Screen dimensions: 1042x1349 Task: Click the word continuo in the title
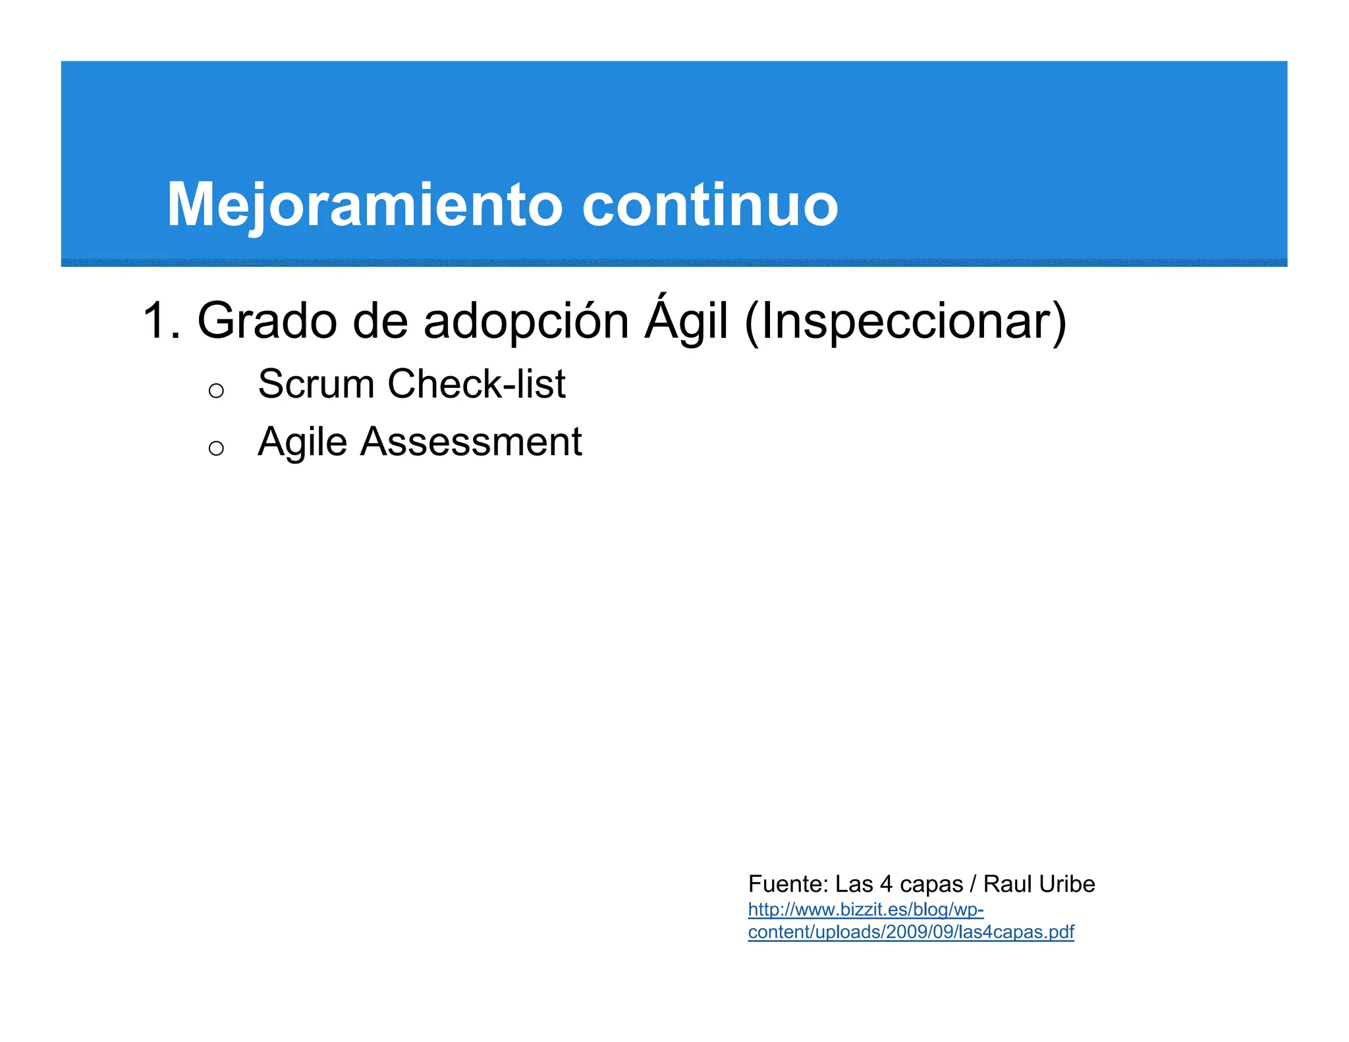[x=709, y=206]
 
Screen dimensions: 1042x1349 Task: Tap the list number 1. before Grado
[x=161, y=321]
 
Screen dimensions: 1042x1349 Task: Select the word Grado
[x=267, y=321]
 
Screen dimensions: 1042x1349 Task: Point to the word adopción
[x=526, y=321]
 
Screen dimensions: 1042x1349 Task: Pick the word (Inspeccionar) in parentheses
[x=905, y=321]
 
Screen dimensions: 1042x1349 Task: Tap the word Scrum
[x=317, y=384]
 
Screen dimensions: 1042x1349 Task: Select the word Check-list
[x=476, y=384]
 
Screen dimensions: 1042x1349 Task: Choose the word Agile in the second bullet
[x=302, y=442]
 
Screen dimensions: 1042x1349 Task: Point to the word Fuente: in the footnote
[x=788, y=884]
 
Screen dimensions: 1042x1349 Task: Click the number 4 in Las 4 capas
[x=886, y=884]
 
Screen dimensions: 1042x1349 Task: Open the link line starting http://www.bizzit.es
[x=866, y=910]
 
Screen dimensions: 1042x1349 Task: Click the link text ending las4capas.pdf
[x=910, y=933]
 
